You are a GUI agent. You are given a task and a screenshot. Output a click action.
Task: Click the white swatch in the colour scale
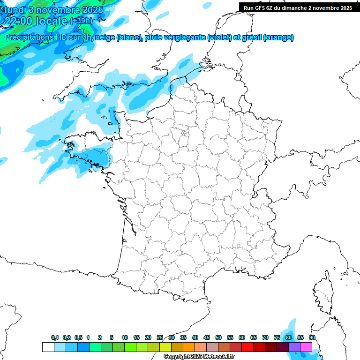[x=48, y=347]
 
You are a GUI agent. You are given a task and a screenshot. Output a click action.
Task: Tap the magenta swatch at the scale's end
[x=306, y=347]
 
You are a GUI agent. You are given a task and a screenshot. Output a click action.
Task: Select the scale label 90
[x=312, y=337]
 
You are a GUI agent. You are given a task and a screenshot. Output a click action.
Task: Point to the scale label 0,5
[x=78, y=337]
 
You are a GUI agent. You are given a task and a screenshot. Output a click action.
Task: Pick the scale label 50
[x=218, y=337]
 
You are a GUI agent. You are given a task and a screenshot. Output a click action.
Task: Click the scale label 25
[x=160, y=337]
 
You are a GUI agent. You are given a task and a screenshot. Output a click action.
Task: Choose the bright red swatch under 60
[x=247, y=347]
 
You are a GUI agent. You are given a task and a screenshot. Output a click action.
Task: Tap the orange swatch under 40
[x=189, y=347]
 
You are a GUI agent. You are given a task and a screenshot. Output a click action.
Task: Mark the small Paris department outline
[x=185, y=133]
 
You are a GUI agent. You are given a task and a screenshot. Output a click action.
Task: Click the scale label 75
[x=277, y=337]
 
